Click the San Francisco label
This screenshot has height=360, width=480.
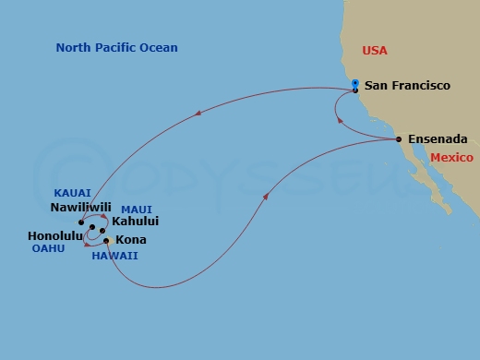pyautogui.click(x=407, y=86)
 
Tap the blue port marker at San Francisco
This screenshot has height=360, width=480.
pyautogui.click(x=356, y=84)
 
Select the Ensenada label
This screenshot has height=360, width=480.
pyautogui.click(x=438, y=139)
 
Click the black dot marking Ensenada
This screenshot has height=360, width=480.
pyautogui.click(x=399, y=139)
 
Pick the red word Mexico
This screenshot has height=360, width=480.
pyautogui.click(x=450, y=158)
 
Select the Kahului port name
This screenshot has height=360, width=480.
pyautogui.click(x=135, y=222)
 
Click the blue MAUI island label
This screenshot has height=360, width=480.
pyautogui.click(x=136, y=209)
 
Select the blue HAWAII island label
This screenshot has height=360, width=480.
pyautogui.click(x=114, y=255)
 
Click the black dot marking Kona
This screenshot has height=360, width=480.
pyautogui.click(x=107, y=240)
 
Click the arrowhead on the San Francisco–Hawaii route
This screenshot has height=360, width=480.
pyautogui.click(x=198, y=114)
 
